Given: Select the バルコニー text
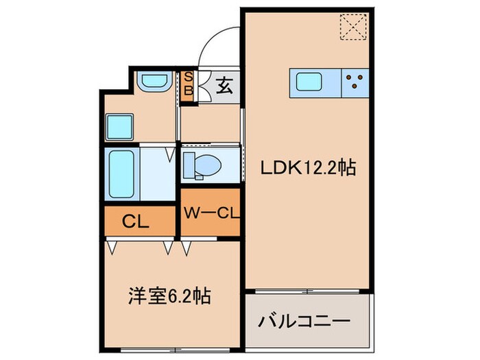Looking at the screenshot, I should pyautogui.click(x=304, y=321).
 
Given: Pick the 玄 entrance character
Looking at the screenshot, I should pyautogui.click(x=224, y=86).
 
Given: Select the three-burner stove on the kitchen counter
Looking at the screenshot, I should pyautogui.click(x=355, y=83).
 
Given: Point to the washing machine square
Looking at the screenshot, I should pyautogui.click(x=120, y=125).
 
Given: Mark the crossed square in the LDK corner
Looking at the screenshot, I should pyautogui.click(x=355, y=28).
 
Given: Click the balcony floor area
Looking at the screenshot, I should pyautogui.click(x=308, y=332).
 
